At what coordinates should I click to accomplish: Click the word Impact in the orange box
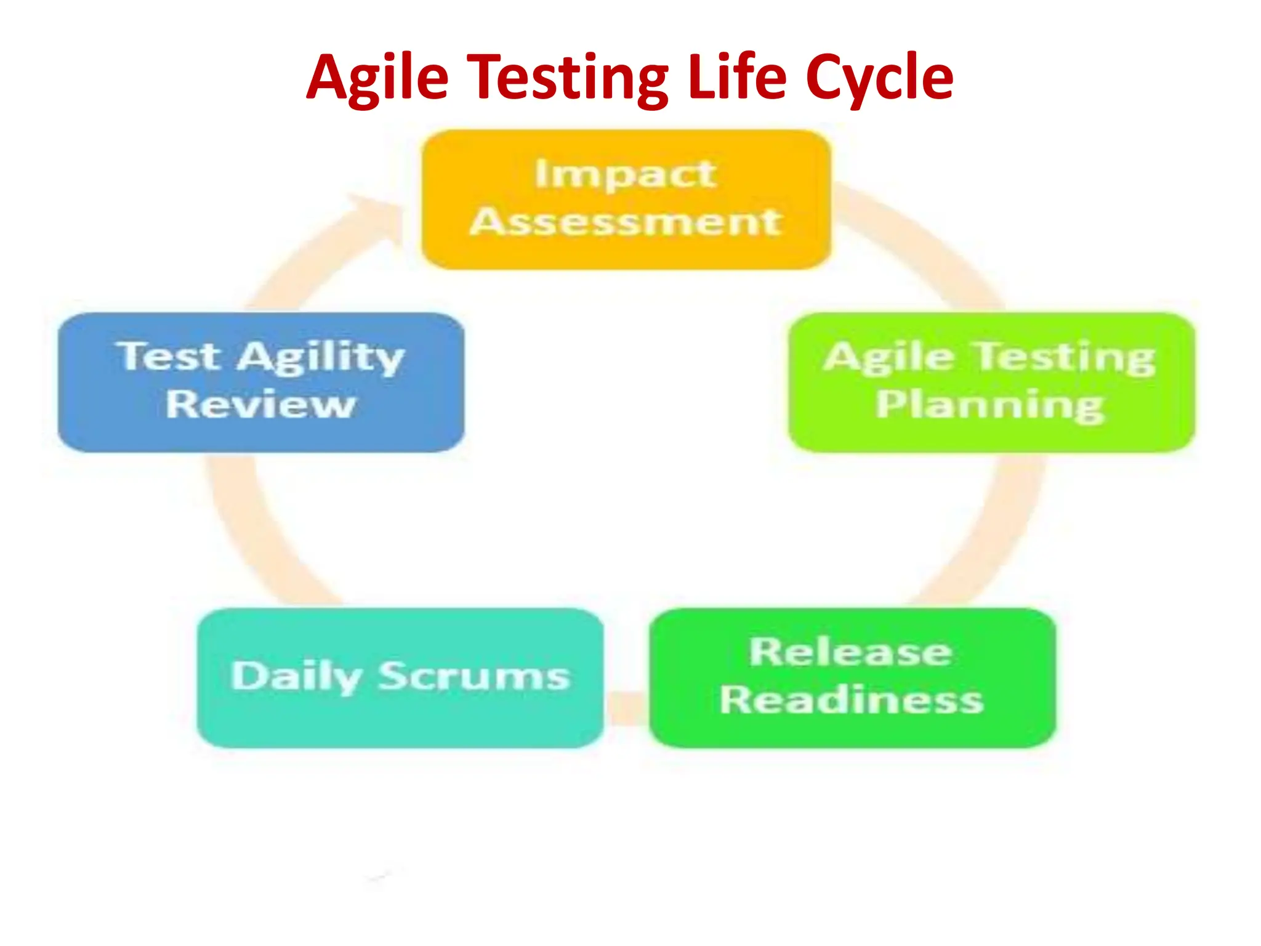tap(625, 175)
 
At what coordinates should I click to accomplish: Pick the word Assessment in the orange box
tap(626, 222)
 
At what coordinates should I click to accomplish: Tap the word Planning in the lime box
tap(990, 405)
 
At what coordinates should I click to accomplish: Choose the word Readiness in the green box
tap(852, 700)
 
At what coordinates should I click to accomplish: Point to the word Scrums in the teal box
tap(473, 676)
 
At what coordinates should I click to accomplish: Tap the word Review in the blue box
tap(260, 405)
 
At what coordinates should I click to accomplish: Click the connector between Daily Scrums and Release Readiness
tap(626, 708)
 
